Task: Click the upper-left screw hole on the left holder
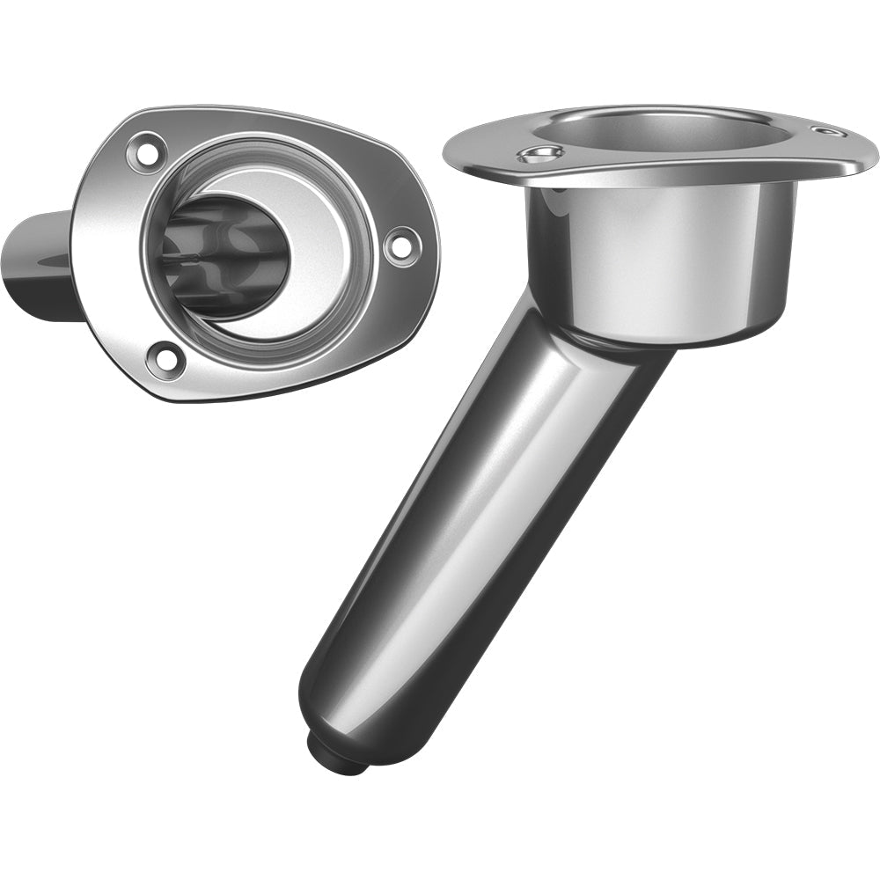click(149, 152)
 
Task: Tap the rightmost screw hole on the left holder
click(400, 244)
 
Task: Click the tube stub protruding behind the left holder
click(40, 264)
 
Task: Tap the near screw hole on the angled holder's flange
click(540, 155)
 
